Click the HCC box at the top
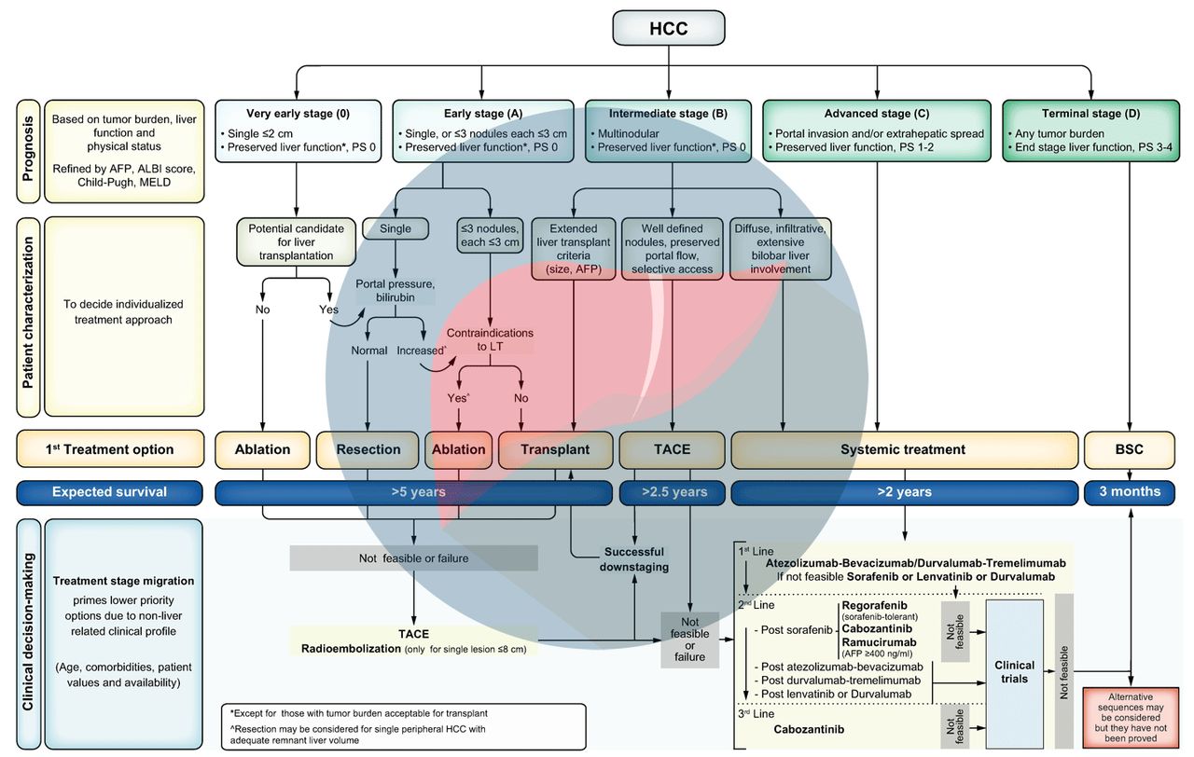(669, 28)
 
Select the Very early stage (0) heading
(298, 114)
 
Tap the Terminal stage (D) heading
(1085, 114)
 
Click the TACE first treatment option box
(672, 448)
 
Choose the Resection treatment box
(368, 448)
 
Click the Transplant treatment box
(555, 448)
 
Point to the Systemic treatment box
(902, 448)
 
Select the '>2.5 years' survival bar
(672, 491)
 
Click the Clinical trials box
(1014, 672)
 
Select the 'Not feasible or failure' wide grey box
(413, 558)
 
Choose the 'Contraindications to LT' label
(489, 339)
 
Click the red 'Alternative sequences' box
(1131, 716)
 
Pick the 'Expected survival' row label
(109, 491)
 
